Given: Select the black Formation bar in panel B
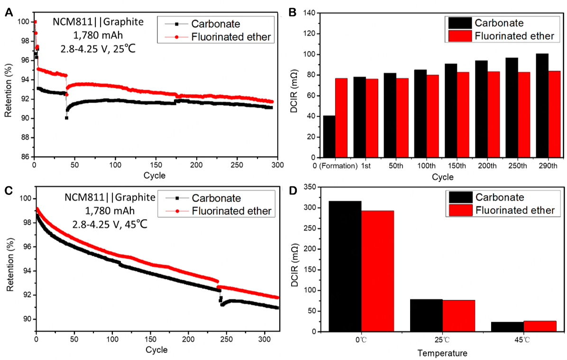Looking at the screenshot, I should pyautogui.click(x=329, y=137).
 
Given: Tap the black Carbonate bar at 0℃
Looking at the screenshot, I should pyautogui.click(x=345, y=266).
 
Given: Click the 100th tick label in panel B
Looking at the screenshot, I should pyautogui.click(x=427, y=166).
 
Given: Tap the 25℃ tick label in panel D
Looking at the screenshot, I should pyautogui.click(x=442, y=341).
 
